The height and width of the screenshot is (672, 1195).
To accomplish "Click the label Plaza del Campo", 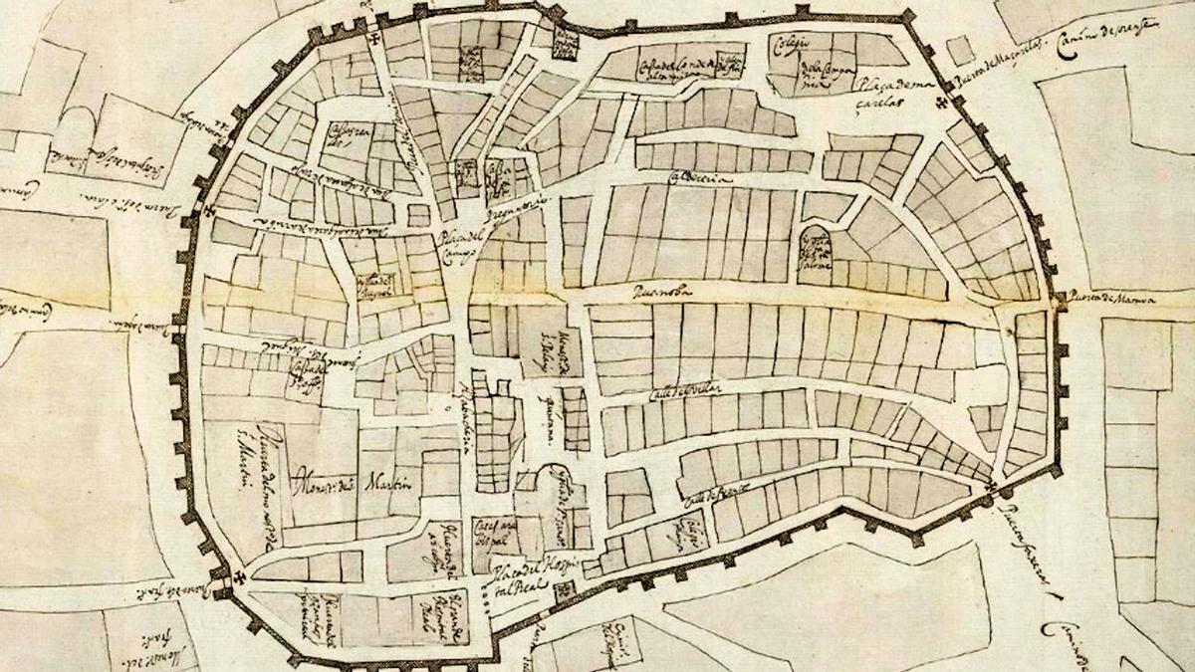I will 457,245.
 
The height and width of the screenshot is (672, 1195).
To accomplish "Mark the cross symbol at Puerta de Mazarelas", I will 941,104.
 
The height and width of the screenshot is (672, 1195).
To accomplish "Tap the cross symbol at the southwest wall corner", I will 239,577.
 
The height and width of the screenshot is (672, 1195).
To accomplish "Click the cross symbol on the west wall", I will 208,211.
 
